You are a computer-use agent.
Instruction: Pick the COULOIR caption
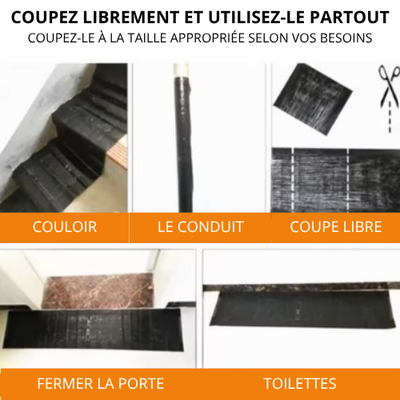coord(65,227)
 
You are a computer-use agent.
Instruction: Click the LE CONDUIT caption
coord(200,227)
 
